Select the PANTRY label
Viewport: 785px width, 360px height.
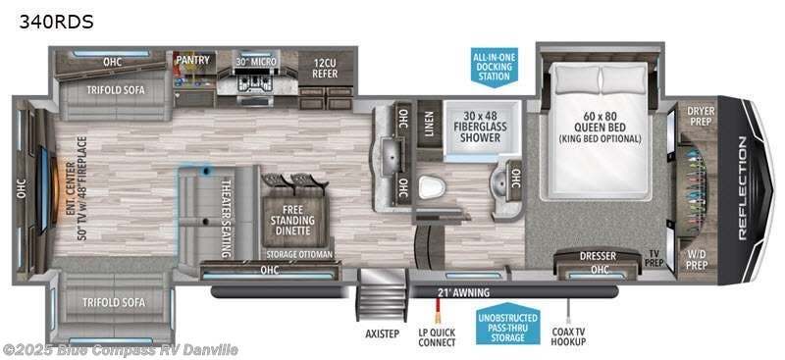coord(192,60)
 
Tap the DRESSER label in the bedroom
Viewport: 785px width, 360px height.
coord(598,257)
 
